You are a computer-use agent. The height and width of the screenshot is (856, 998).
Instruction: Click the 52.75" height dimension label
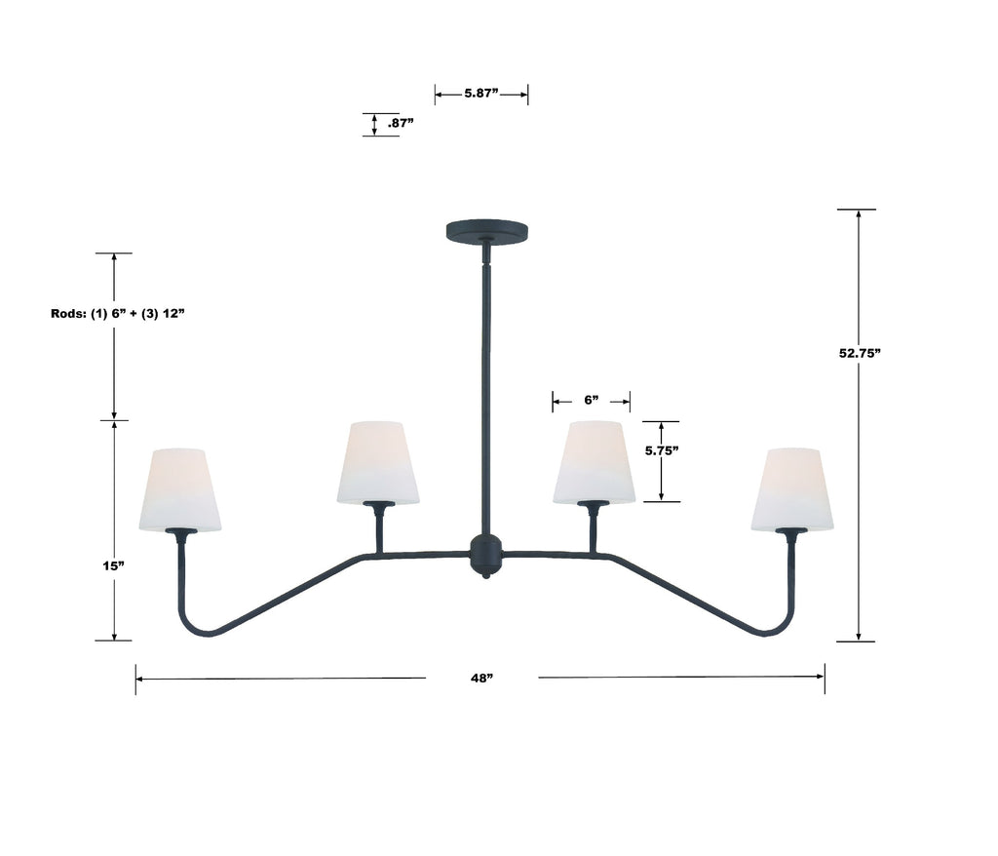860,354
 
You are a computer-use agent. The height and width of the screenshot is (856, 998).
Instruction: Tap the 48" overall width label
481,678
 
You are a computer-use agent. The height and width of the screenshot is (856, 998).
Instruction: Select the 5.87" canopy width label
481,95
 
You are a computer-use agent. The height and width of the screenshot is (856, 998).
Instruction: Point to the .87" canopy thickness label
401,124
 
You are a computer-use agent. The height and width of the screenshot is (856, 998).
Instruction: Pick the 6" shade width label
591,400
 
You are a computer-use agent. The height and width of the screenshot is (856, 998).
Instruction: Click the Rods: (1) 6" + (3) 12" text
117,314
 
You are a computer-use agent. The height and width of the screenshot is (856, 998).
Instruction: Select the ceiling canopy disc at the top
488,231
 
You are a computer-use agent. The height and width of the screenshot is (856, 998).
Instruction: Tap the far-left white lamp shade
180,489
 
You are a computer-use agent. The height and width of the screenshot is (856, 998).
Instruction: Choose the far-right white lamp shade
791,489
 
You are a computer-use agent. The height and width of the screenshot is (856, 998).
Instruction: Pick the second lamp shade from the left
378,462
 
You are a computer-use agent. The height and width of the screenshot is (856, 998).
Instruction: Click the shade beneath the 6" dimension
594,462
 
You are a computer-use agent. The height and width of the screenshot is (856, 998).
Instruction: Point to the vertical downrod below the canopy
485,390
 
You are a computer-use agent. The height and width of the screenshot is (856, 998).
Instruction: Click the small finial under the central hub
485,575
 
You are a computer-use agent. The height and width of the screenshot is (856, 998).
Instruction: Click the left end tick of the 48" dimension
135,678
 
